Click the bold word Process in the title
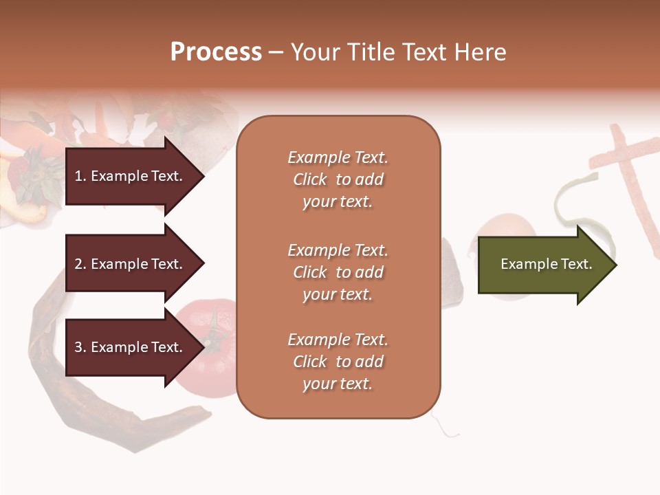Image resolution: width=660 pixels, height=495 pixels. point(216,52)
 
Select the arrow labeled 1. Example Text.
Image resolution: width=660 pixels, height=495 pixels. point(131,176)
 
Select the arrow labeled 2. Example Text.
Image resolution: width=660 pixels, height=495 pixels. point(131,264)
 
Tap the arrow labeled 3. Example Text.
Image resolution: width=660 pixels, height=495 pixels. point(131,347)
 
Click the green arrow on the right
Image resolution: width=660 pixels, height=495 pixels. point(543,265)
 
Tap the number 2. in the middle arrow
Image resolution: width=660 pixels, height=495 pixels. point(80,264)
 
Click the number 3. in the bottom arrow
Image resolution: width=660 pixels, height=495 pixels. point(80,347)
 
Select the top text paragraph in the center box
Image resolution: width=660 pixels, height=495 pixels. point(338,179)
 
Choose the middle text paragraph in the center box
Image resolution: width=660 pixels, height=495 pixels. point(338,272)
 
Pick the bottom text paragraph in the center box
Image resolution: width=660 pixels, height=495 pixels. point(338,362)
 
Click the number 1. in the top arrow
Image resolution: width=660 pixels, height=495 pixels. point(80,176)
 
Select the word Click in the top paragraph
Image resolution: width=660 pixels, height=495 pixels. point(310,179)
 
